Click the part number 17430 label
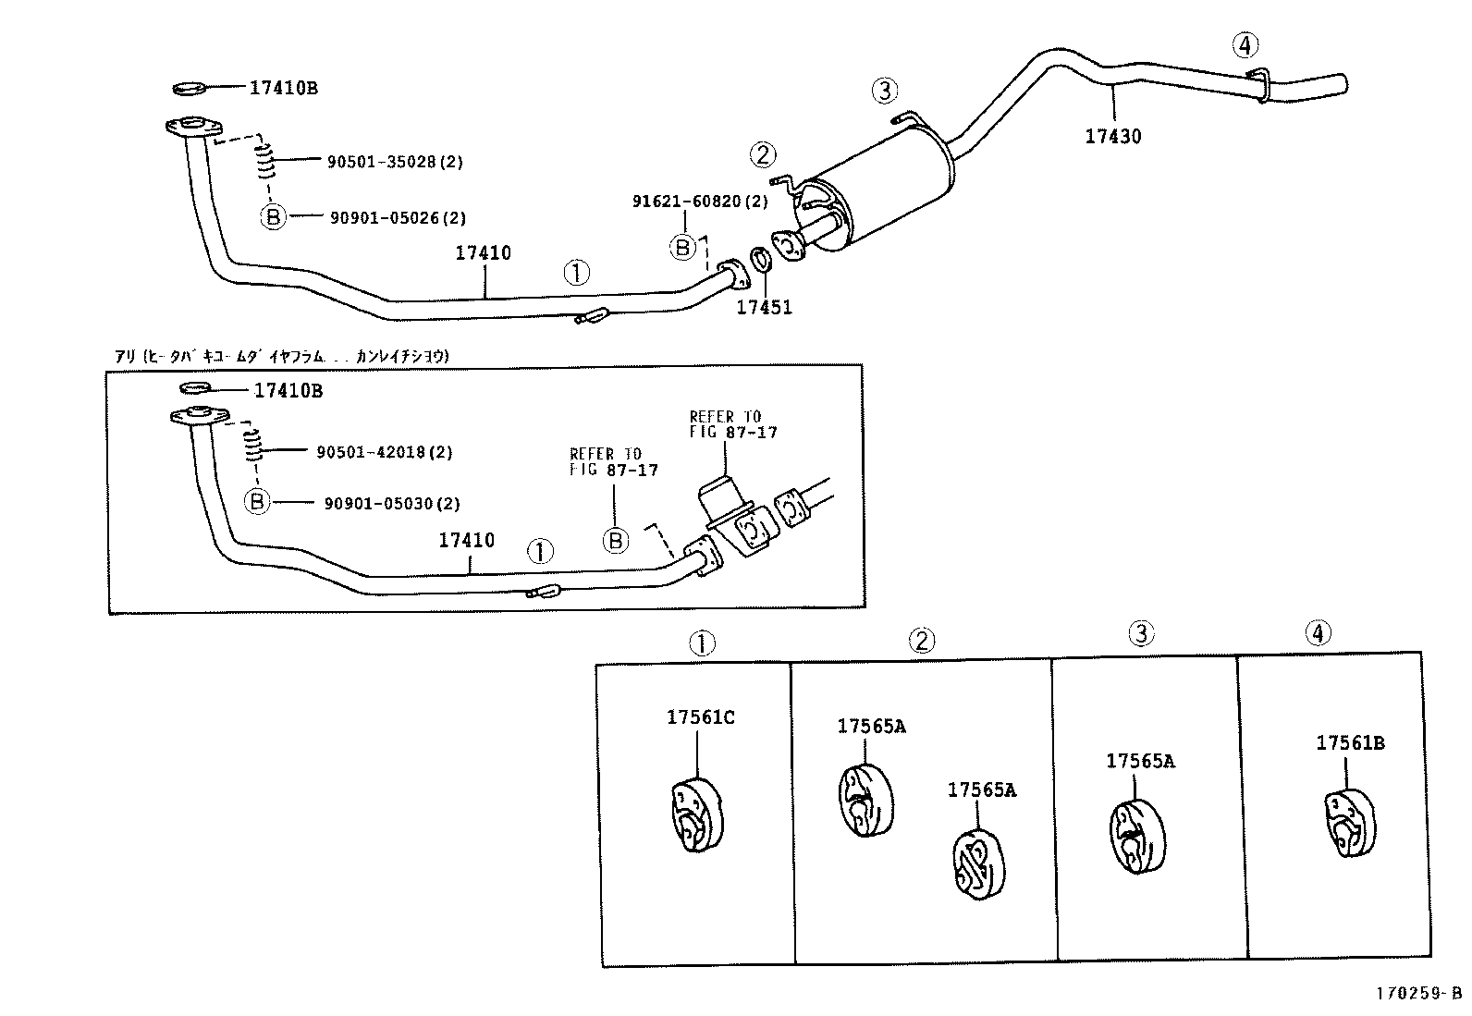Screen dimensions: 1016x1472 click(1112, 137)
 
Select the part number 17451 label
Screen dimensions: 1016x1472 click(764, 308)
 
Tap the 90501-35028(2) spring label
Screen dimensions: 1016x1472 click(395, 162)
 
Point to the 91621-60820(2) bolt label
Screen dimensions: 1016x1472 click(700, 201)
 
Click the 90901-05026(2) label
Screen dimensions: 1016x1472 click(398, 218)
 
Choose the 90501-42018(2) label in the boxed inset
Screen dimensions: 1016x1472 click(385, 452)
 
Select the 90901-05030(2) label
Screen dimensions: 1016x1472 click(392, 504)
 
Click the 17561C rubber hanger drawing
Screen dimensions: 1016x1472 click(694, 814)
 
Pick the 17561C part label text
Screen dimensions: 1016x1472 click(701, 716)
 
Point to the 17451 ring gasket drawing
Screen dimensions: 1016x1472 click(760, 260)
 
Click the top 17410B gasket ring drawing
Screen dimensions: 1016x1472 click(190, 89)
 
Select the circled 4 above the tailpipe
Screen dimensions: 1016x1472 click(1245, 43)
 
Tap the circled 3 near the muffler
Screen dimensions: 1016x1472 click(884, 90)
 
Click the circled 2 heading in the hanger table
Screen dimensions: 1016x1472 click(921, 640)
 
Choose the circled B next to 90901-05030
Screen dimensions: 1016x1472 click(257, 502)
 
